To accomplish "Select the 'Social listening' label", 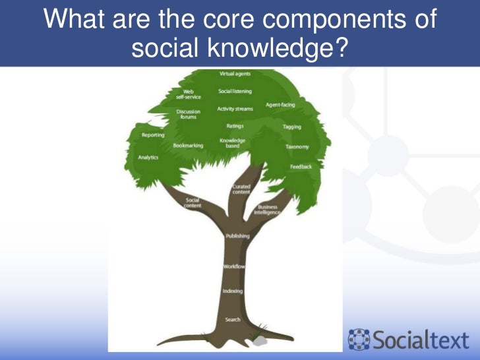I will [x=235, y=92].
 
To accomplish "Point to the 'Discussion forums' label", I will [x=188, y=114].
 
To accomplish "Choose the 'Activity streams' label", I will [x=235, y=109].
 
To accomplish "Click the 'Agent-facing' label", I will [x=280, y=105].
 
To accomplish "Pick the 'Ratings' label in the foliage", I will [x=235, y=125].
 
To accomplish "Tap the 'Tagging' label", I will [x=292, y=126].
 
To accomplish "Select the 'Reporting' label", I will [x=153, y=135].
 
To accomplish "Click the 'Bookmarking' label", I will [x=188, y=146].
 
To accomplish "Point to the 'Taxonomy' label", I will [x=297, y=146].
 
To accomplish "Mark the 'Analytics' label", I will [x=148, y=158].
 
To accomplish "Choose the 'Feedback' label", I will [x=301, y=167].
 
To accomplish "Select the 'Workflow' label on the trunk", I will [x=234, y=266].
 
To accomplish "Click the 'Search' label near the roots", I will [x=232, y=320].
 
